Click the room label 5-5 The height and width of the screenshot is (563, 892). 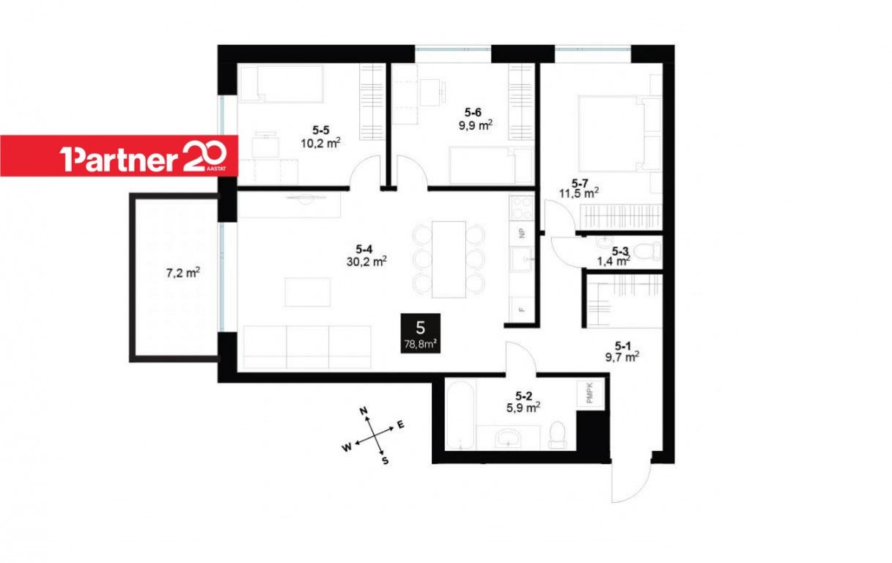coord(320,130)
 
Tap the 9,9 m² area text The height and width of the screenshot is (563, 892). coord(476,125)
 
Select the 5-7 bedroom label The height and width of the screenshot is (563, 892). coord(580,183)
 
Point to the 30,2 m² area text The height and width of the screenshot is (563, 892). coord(366,261)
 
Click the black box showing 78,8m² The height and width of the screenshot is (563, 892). coord(420,334)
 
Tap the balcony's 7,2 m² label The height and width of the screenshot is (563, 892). coord(183,273)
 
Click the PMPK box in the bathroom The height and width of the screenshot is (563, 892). coord(590,393)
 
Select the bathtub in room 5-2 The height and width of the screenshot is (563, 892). coord(461,415)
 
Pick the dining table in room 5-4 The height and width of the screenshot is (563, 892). coord(449,260)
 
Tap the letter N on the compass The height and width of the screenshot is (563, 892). coord(363,411)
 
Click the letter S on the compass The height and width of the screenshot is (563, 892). coord(385,461)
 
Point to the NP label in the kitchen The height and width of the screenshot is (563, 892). coord(522,234)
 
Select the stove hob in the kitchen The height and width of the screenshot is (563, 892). coord(522,207)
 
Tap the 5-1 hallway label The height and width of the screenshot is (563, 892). coord(623,345)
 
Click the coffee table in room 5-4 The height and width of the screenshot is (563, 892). coord(307,292)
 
